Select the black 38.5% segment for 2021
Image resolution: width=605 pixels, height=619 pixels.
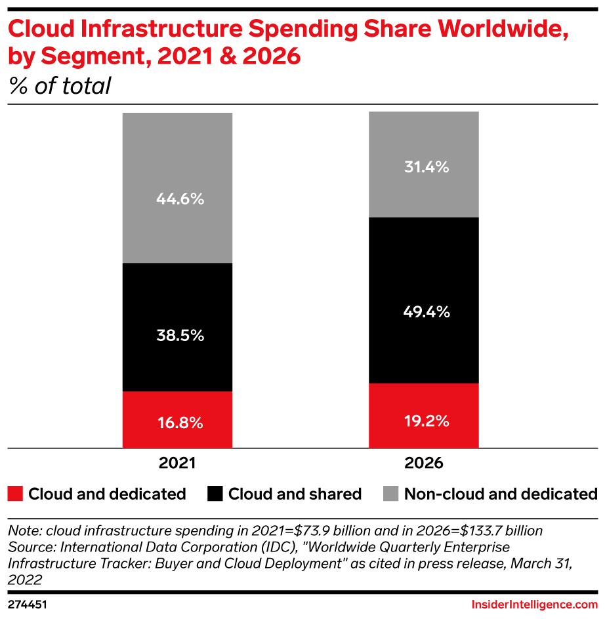click(x=177, y=327)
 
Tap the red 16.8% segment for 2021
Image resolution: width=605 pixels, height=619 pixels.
click(x=177, y=420)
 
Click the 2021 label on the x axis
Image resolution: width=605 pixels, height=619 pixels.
click(x=177, y=463)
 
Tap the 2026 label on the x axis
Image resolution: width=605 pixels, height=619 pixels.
click(x=424, y=463)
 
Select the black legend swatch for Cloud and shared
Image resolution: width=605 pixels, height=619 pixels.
click(x=215, y=494)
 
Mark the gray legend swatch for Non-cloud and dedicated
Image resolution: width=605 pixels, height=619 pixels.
click(x=390, y=494)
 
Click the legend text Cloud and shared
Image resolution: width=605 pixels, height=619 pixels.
click(x=295, y=494)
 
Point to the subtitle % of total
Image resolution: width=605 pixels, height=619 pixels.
click(x=59, y=86)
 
